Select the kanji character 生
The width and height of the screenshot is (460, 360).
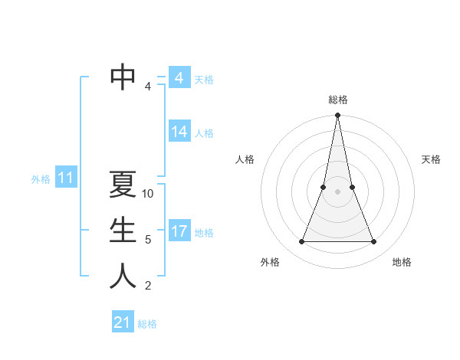click(123, 230)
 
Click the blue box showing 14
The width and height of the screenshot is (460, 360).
click(179, 132)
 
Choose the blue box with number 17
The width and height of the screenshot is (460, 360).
click(179, 231)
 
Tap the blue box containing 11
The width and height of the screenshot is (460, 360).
click(65, 178)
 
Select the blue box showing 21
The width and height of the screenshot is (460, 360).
click(123, 322)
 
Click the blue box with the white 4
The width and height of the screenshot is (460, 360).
click(179, 78)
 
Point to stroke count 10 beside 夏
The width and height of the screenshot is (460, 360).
click(149, 194)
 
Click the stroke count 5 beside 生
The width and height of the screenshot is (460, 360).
click(148, 240)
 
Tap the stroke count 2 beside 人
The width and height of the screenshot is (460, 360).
click(148, 286)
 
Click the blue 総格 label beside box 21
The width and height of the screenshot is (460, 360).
click(147, 324)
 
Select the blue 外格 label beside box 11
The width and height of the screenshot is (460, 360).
click(41, 179)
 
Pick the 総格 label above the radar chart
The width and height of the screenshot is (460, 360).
click(337, 100)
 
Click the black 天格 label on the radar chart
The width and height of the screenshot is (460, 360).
click(431, 159)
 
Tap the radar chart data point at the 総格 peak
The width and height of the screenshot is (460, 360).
click(337, 116)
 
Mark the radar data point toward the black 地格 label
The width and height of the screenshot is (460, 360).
click(374, 242)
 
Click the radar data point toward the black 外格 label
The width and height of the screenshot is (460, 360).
click(301, 242)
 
